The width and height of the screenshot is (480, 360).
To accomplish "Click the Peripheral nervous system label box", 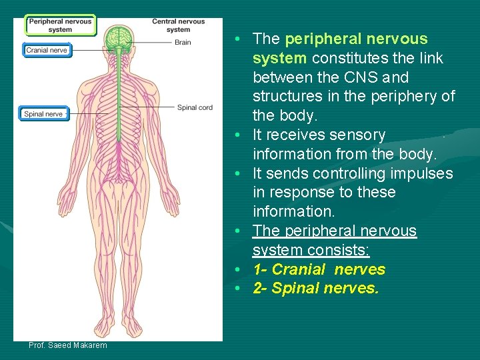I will pos(61,25).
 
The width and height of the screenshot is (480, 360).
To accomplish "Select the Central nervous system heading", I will pos(178,25).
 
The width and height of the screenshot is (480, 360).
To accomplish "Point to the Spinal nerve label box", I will pos(43,114).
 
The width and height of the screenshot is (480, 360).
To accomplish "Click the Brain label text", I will pos(183,42).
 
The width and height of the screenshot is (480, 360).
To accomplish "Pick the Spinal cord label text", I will pos(195,107).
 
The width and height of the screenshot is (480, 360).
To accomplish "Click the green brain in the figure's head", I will pos(121,37).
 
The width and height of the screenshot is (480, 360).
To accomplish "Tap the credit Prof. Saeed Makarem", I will pos(67,345).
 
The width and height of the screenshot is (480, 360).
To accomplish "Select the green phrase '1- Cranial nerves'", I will pos(319,269).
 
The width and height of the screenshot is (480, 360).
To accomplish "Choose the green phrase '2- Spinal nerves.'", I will pos(316,289).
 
